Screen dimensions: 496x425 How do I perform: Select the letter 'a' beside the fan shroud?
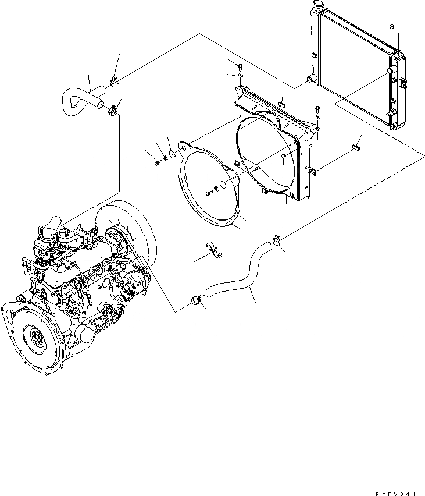pyautogui.click(x=311, y=144)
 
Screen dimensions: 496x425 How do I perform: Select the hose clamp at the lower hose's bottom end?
pyautogui.click(x=196, y=300)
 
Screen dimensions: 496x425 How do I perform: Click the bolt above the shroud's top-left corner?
pyautogui.click(x=240, y=65)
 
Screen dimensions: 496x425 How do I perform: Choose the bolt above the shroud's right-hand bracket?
pyautogui.click(x=317, y=108)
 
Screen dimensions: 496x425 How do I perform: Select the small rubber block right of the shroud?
pyautogui.click(x=355, y=147)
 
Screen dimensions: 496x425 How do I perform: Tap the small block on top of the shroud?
pyautogui.click(x=281, y=103)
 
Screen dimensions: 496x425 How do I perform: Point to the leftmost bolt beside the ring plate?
pyautogui.click(x=158, y=162)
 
